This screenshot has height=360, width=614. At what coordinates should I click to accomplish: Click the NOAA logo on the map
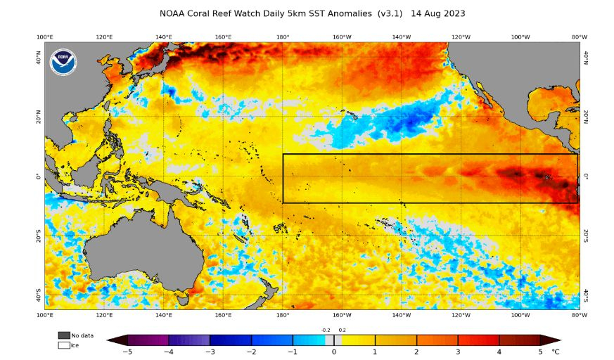(63, 62)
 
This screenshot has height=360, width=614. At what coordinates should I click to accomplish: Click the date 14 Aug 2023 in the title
(437, 13)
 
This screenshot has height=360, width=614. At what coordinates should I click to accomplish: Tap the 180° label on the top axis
(283, 37)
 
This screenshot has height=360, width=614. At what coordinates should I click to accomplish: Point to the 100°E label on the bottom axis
(45, 314)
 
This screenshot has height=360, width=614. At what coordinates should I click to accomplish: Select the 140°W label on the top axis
(402, 37)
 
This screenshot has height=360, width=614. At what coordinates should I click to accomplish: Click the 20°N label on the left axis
(39, 117)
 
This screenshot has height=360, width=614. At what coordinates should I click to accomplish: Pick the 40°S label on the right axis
(585, 295)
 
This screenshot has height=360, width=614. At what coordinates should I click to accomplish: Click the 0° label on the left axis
(39, 176)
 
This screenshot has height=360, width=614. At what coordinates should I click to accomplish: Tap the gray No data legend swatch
(64, 335)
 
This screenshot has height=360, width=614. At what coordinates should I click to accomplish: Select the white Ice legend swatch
(64, 345)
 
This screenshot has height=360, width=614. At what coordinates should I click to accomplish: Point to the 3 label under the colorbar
(458, 352)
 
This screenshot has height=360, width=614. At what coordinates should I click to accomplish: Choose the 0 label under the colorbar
(334, 352)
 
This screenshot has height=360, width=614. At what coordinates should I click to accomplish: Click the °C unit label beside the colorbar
(555, 352)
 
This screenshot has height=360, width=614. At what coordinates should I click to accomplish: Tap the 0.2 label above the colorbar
(342, 330)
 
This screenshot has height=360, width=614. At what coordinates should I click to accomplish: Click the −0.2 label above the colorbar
(326, 330)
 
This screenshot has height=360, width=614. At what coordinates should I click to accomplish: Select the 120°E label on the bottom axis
(104, 314)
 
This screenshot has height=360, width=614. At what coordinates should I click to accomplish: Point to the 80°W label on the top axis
(579, 37)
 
